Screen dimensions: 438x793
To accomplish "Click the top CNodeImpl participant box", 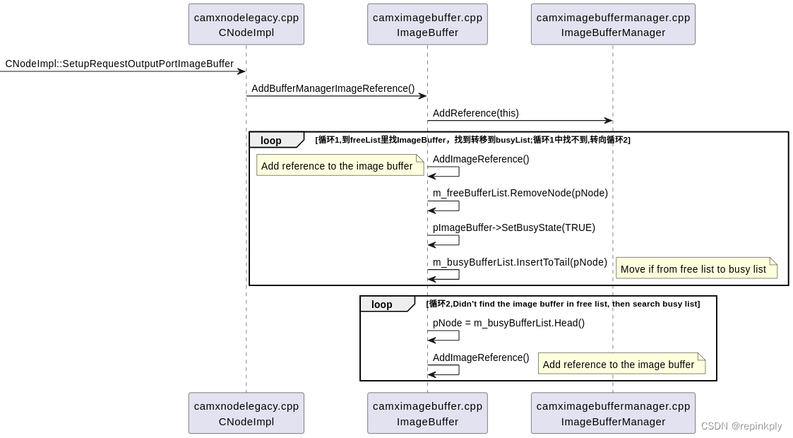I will pyautogui.click(x=246, y=25).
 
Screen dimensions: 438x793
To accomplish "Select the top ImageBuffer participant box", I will pyautogui.click(x=427, y=25).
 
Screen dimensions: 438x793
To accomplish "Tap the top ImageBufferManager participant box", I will pyautogui.click(x=613, y=25).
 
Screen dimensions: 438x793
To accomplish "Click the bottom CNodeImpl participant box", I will pyautogui.click(x=246, y=413).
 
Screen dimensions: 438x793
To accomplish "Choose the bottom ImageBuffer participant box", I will pyautogui.click(x=427, y=413).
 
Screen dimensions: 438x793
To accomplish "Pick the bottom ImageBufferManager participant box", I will pyautogui.click(x=613, y=413).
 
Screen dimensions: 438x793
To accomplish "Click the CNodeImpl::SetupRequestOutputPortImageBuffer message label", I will pyautogui.click(x=119, y=64).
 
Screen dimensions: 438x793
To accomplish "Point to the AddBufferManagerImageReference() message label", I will pyautogui.click(x=333, y=88).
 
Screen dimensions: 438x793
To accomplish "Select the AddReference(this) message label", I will pyautogui.click(x=475, y=113).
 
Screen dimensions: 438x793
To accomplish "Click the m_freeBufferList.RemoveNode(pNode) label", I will pyautogui.click(x=520, y=193).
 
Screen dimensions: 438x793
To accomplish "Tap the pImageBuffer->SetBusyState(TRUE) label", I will pyautogui.click(x=513, y=227).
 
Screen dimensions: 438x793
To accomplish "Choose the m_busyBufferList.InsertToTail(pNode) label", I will pyautogui.click(x=520, y=262).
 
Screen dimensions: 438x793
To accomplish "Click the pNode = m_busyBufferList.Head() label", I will pyautogui.click(x=508, y=323).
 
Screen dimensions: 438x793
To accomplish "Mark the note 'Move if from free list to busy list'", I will pyautogui.click(x=696, y=268).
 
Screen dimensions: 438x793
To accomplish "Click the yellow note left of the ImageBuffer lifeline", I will pyautogui.click(x=339, y=165).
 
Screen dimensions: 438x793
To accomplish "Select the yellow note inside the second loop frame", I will pyautogui.click(x=621, y=364).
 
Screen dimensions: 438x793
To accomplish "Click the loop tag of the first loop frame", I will pyautogui.click(x=272, y=141).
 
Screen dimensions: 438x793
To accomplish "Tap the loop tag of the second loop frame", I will pyautogui.click(x=383, y=304).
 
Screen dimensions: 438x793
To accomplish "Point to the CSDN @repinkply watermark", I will pyautogui.click(x=741, y=426).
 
